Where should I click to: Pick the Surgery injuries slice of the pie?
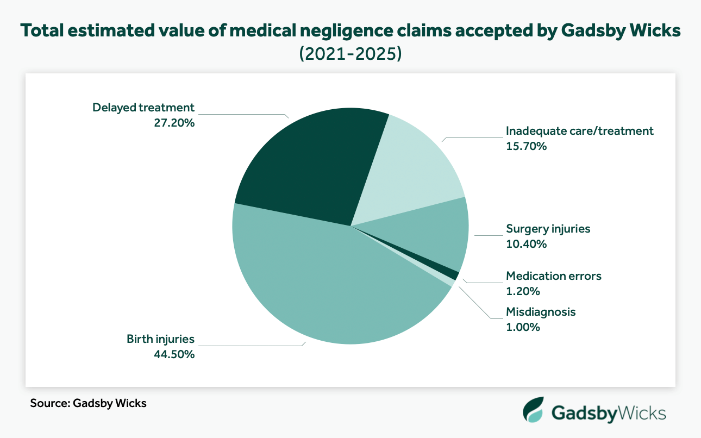[x=435, y=234]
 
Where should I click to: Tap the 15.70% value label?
[x=526, y=146]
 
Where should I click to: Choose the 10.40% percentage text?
[x=526, y=244]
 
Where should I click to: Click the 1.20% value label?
[x=523, y=291]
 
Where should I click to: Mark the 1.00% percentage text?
[x=523, y=327]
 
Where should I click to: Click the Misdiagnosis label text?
[x=540, y=312]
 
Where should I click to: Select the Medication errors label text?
[x=554, y=276]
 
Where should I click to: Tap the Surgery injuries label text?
[x=548, y=229]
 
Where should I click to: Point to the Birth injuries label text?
[x=160, y=339]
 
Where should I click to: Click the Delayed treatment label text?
[x=143, y=107]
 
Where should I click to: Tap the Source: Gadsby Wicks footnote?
[x=88, y=404]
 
